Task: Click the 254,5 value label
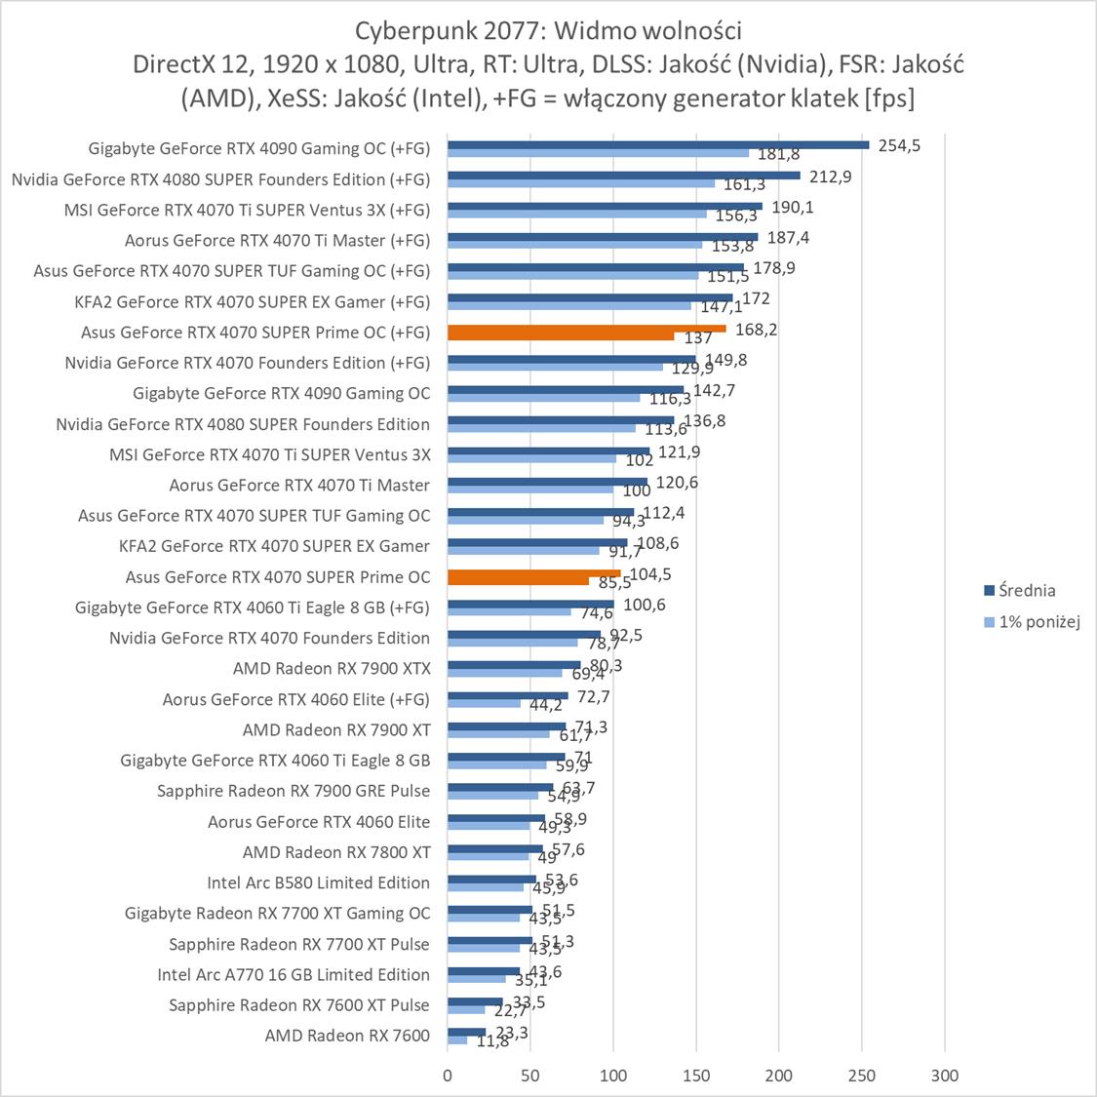pyautogui.click(x=900, y=145)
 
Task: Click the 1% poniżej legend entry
pyautogui.click(x=1039, y=622)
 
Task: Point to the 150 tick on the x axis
pyautogui.click(x=696, y=1076)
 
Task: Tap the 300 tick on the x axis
pyautogui.click(x=945, y=1076)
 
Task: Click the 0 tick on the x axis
pyautogui.click(x=448, y=1076)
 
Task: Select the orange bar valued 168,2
pyautogui.click(x=586, y=329)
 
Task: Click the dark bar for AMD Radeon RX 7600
pyautogui.click(x=466, y=1032)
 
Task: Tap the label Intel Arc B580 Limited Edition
pyautogui.click(x=318, y=882)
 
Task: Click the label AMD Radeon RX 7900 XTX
pyautogui.click(x=332, y=668)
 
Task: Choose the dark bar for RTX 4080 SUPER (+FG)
pyautogui.click(x=623, y=176)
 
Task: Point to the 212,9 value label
pyautogui.click(x=831, y=176)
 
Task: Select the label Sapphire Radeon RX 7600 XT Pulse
pyautogui.click(x=298, y=1004)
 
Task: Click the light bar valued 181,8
pyautogui.click(x=598, y=153)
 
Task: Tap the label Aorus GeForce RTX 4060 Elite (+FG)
pyautogui.click(x=295, y=699)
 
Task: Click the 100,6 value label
pyautogui.click(x=644, y=605)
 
